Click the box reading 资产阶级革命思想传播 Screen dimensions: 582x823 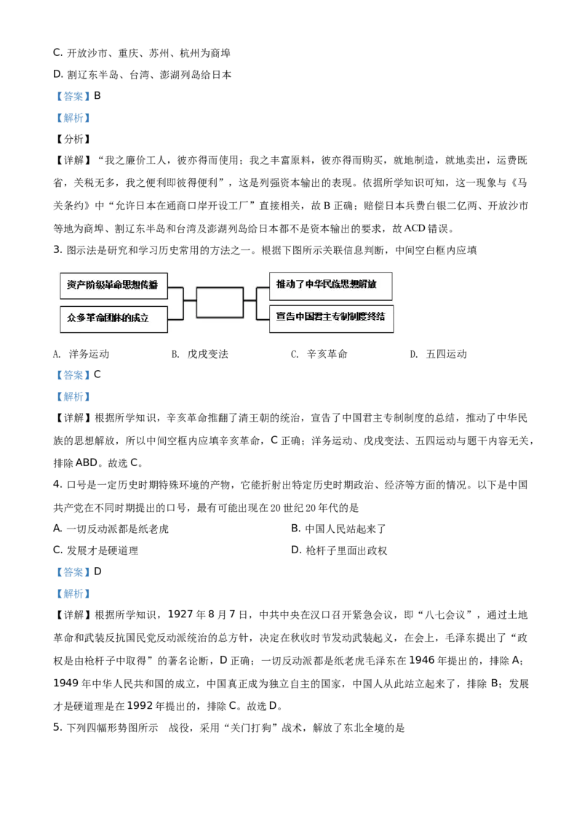tap(113, 285)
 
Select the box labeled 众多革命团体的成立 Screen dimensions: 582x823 tap(113, 318)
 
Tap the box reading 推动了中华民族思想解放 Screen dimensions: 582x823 tap(330, 285)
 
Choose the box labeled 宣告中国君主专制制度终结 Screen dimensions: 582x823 tap(330, 318)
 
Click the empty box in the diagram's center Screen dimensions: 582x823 tap(220, 302)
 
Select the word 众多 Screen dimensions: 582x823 tap(76, 318)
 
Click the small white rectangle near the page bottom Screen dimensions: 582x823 tap(169, 728)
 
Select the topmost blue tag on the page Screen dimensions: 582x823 tap(73, 96)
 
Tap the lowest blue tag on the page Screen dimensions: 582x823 tap(73, 593)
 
